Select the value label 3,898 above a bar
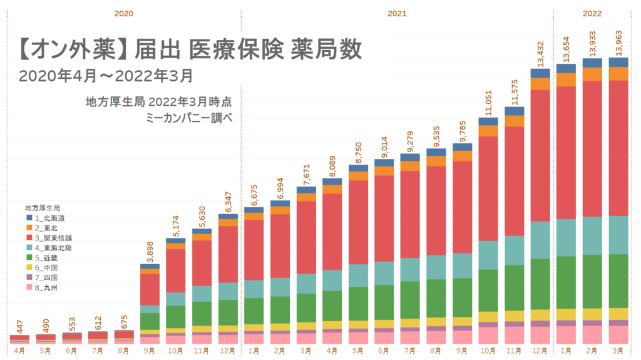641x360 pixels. (x=150, y=250)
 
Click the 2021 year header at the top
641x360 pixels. (x=396, y=13)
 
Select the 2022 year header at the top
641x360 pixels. (x=592, y=13)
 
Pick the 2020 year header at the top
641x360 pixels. (x=124, y=13)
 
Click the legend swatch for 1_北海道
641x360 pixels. (x=29, y=217)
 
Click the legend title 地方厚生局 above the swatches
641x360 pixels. (x=43, y=207)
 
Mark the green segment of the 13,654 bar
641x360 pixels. (x=566, y=282)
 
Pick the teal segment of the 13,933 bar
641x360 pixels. (x=592, y=235)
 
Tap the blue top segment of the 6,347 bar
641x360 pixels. (x=228, y=217)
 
